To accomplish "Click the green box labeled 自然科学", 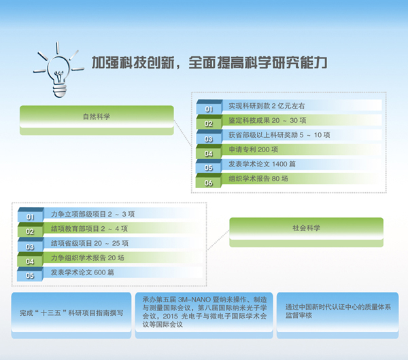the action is click(x=97, y=120).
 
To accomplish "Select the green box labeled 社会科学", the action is click(x=306, y=232).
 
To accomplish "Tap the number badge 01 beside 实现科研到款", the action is click(x=209, y=107).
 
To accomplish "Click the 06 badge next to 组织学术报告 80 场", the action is click(x=209, y=181).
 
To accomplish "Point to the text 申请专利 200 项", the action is click(x=253, y=149).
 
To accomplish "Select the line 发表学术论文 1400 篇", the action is click(x=262, y=164).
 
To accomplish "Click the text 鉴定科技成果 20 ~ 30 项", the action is click(x=267, y=120).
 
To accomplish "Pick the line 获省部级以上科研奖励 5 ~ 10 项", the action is click(x=279, y=135).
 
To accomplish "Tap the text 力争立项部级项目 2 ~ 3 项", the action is click(x=92, y=214).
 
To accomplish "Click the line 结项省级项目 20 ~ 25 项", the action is click(x=90, y=243).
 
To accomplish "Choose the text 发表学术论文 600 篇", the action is click(x=82, y=272).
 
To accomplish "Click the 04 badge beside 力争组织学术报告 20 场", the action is click(x=30, y=259).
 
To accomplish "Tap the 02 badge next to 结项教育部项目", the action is click(x=30, y=230).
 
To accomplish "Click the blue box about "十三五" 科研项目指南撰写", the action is click(x=71, y=315).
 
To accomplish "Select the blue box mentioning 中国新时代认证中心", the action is click(x=337, y=315).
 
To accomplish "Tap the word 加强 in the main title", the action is click(x=105, y=62).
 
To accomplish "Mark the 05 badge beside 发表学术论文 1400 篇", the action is click(x=209, y=166).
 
